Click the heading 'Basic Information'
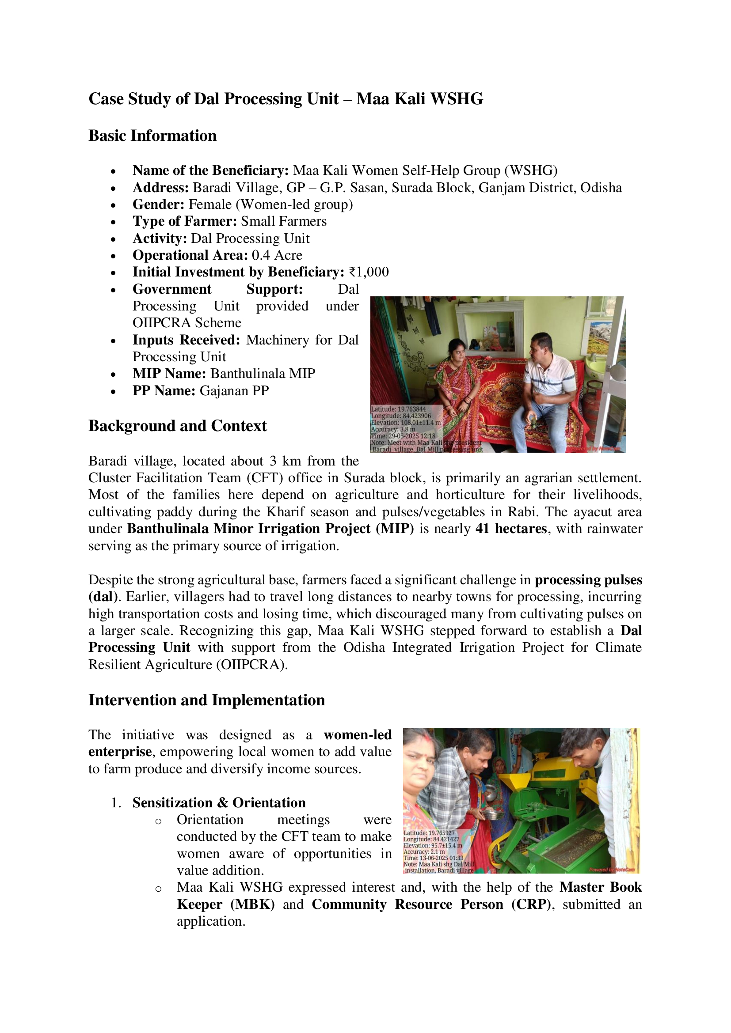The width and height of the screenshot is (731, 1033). [x=152, y=136]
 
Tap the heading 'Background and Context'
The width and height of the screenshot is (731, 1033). [x=177, y=426]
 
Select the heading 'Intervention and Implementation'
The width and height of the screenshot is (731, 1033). [x=206, y=700]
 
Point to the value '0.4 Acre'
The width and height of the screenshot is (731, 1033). [x=277, y=255]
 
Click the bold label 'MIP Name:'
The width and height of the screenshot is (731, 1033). [x=169, y=374]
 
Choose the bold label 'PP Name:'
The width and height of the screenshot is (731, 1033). [x=164, y=390]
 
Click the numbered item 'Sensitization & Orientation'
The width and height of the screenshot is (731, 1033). [x=219, y=802]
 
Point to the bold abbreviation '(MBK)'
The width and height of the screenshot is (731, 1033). [x=252, y=904]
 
